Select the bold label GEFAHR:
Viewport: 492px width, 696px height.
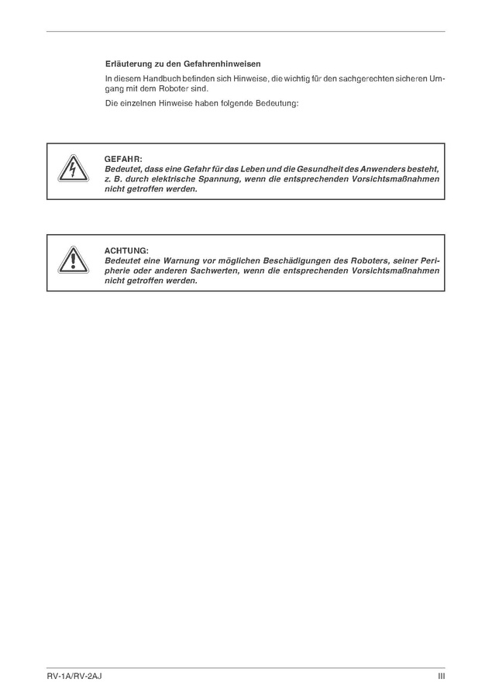pos(123,159)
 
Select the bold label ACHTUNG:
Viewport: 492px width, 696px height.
pos(126,250)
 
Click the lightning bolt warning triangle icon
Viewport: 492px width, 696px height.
pos(71,171)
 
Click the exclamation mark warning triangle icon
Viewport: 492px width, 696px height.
pos(71,262)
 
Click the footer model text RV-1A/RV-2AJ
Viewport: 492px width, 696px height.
pos(74,677)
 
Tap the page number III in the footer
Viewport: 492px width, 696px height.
pos(441,677)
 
